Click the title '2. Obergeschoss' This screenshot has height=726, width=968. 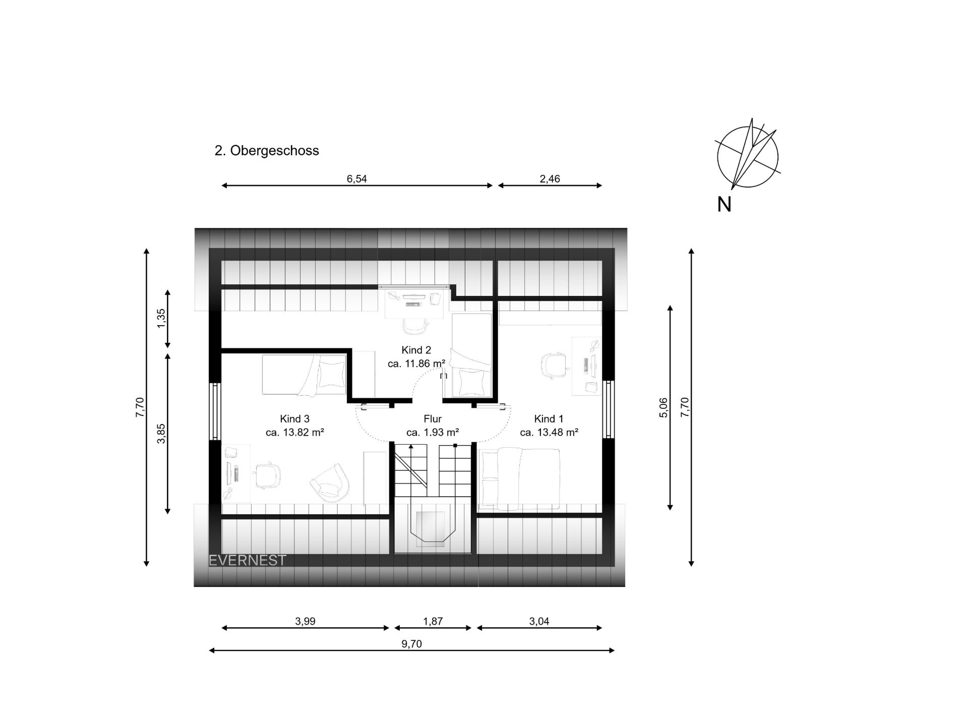(x=267, y=151)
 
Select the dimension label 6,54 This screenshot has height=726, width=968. (x=356, y=179)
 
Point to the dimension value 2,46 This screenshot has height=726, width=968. (x=550, y=179)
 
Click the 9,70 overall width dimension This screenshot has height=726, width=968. (x=412, y=644)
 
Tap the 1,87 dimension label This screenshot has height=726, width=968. (x=433, y=621)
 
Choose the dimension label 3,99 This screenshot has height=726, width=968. (x=305, y=621)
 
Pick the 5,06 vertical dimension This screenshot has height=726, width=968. (x=663, y=407)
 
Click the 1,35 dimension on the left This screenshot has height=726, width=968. (x=161, y=319)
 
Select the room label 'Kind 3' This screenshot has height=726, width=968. (x=294, y=419)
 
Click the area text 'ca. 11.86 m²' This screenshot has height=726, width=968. (x=416, y=364)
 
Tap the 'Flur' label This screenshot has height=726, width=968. (x=433, y=419)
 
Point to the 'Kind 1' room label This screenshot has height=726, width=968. (x=549, y=419)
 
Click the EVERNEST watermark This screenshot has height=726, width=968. (x=248, y=560)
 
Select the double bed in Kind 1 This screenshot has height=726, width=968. (x=520, y=479)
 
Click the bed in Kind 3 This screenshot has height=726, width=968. (x=304, y=375)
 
